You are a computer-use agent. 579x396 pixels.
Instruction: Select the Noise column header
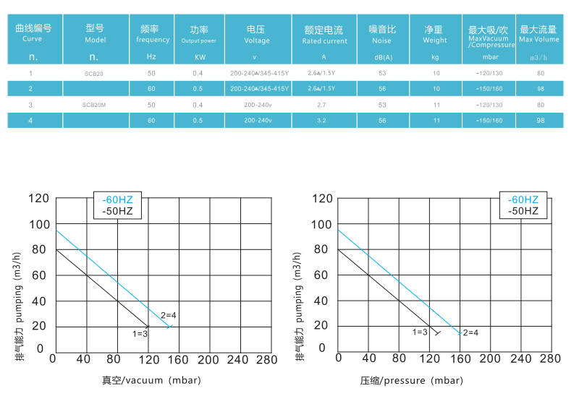(383, 35)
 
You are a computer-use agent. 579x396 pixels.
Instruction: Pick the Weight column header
(434, 35)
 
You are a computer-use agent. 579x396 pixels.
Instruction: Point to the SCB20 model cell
(94, 74)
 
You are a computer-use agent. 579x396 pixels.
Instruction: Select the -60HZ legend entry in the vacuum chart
(117, 199)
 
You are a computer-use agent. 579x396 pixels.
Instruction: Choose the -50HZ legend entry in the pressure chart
(523, 211)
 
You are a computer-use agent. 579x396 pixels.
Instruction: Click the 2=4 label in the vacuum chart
(169, 314)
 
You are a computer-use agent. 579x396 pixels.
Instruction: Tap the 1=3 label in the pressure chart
(420, 332)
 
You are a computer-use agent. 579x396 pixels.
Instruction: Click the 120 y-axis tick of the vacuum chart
(41, 199)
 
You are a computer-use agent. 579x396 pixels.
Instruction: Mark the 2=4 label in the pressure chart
(470, 332)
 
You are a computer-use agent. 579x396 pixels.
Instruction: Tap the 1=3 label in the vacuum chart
(140, 333)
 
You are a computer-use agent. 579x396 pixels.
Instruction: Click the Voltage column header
(257, 35)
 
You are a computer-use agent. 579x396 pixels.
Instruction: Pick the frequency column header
(152, 35)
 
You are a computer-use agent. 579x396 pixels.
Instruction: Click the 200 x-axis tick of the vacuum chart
(208, 358)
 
